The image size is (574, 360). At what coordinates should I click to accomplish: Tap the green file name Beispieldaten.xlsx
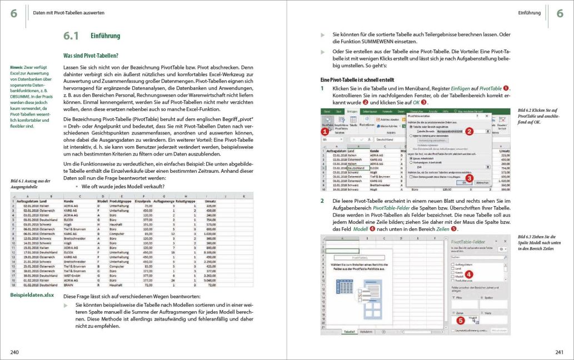tap(32, 295)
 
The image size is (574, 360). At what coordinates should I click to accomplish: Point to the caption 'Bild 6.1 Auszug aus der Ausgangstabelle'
tap(31, 183)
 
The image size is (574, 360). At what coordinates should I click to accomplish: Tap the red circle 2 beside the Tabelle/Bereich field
tap(470, 132)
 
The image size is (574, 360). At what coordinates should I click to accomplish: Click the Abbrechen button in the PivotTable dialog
tap(482, 182)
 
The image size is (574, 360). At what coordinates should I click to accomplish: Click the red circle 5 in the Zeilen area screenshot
tap(460, 320)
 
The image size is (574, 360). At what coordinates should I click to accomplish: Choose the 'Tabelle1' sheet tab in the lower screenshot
tap(350, 331)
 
